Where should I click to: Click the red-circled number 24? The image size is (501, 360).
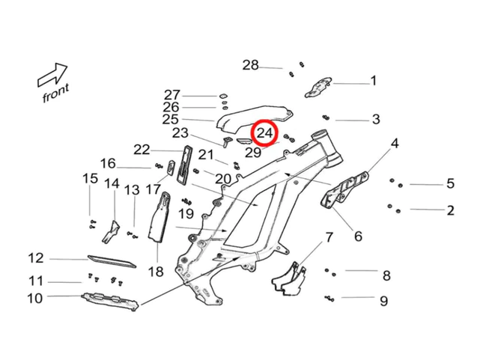coord(264,134)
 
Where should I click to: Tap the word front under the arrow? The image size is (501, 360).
coord(55,93)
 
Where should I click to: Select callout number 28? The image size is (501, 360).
coord(250,65)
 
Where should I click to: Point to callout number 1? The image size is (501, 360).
coord(373,81)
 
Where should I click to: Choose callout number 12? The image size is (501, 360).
coord(37,258)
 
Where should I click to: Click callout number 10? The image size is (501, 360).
coord(35,299)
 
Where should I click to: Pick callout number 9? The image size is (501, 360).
coord(383,302)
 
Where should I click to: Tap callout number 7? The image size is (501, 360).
coord(328,238)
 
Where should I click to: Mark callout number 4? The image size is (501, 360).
coord(394,143)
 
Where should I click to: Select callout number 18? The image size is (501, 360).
coord(156,271)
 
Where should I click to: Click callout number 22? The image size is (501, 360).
coord(142,150)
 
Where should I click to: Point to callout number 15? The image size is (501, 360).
coord(90,178)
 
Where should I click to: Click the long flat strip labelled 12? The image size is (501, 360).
coord(112,260)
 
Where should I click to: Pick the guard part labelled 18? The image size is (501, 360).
coord(160,221)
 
